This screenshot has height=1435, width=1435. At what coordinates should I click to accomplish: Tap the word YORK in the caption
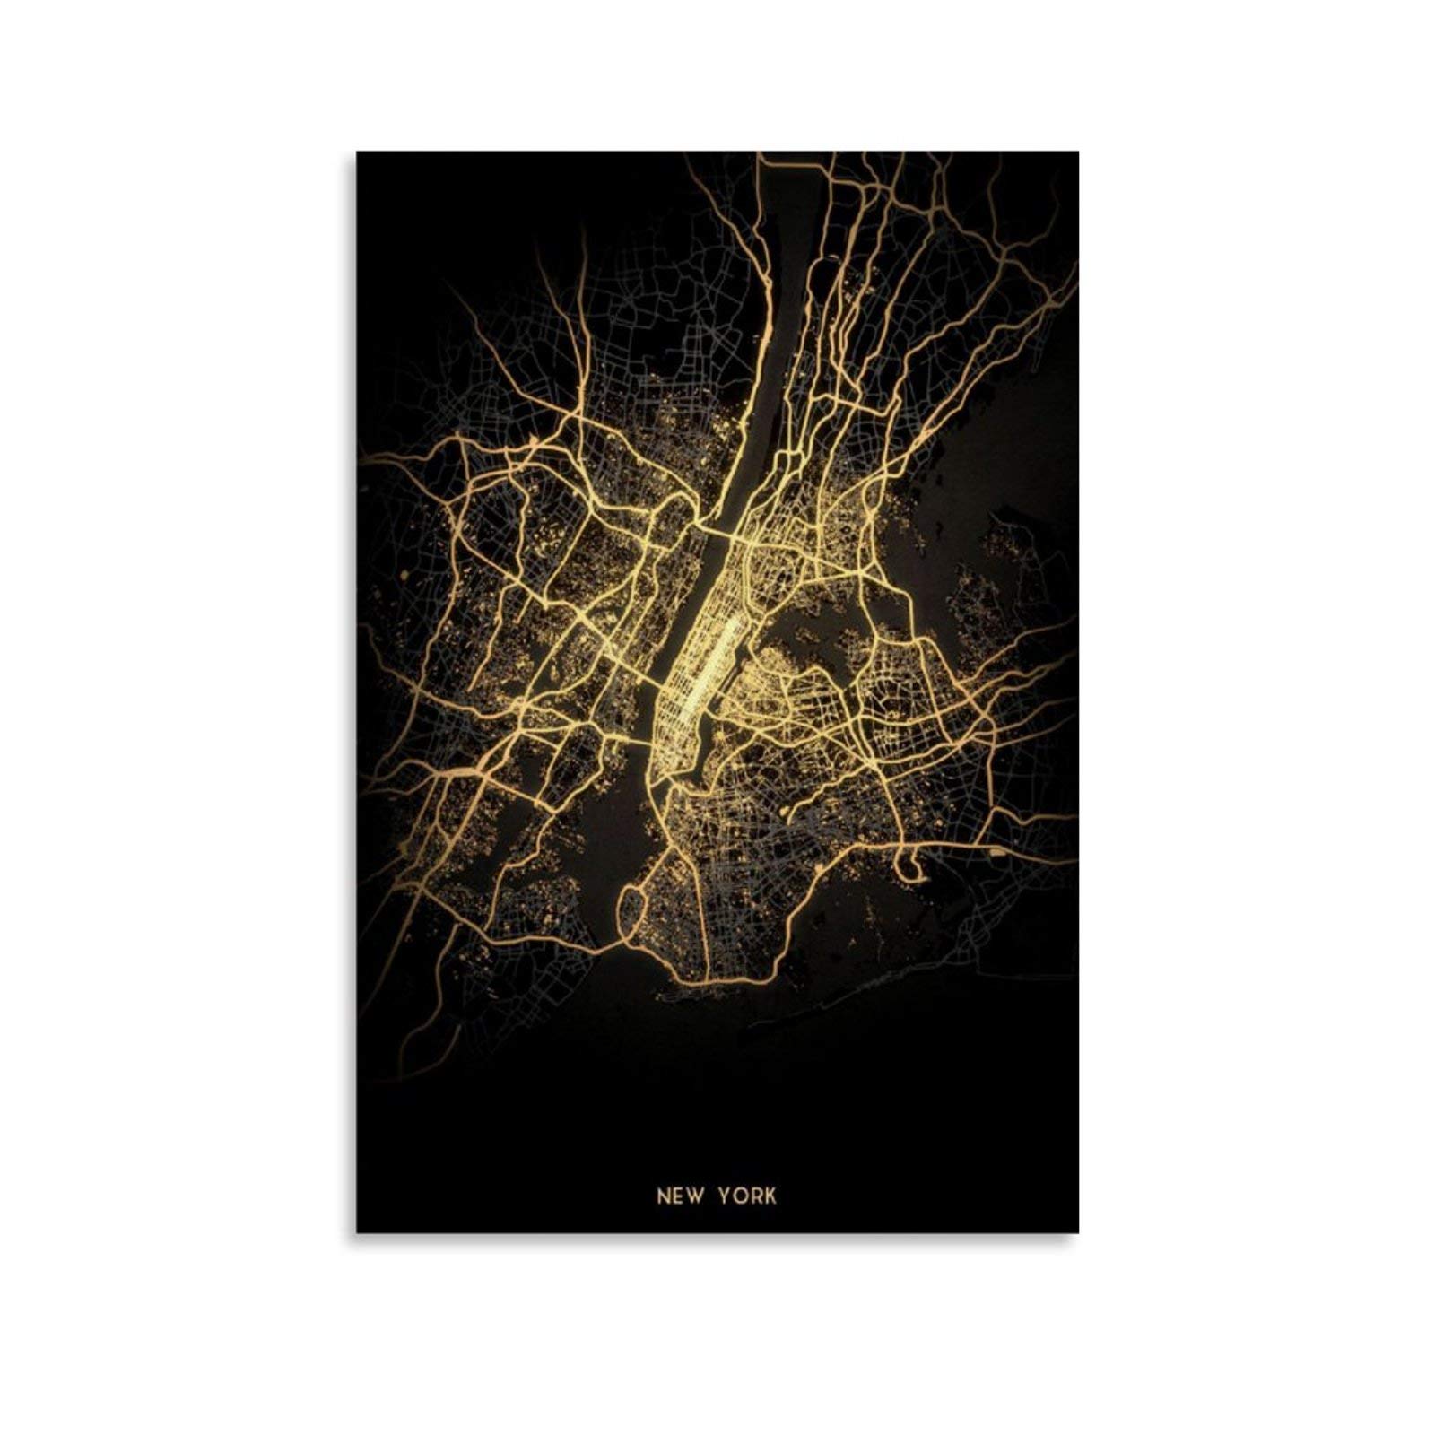pyautogui.click(x=746, y=1196)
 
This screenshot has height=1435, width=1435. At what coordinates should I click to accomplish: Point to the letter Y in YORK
pyautogui.click(x=723, y=1196)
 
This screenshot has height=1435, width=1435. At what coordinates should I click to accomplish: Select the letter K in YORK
pyautogui.click(x=770, y=1196)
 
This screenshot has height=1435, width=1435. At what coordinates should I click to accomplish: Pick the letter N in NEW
pyautogui.click(x=664, y=1196)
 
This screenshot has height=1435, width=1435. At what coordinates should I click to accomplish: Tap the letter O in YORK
pyautogui.click(x=738, y=1196)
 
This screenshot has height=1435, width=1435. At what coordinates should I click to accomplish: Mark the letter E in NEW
pyautogui.click(x=679, y=1196)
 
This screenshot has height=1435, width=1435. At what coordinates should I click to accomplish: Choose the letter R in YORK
pyautogui.click(x=755, y=1196)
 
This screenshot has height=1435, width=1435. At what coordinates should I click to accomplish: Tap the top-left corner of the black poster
pyautogui.click(x=357, y=152)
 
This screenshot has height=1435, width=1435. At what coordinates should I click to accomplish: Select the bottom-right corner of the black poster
pyautogui.click(x=1078, y=1233)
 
